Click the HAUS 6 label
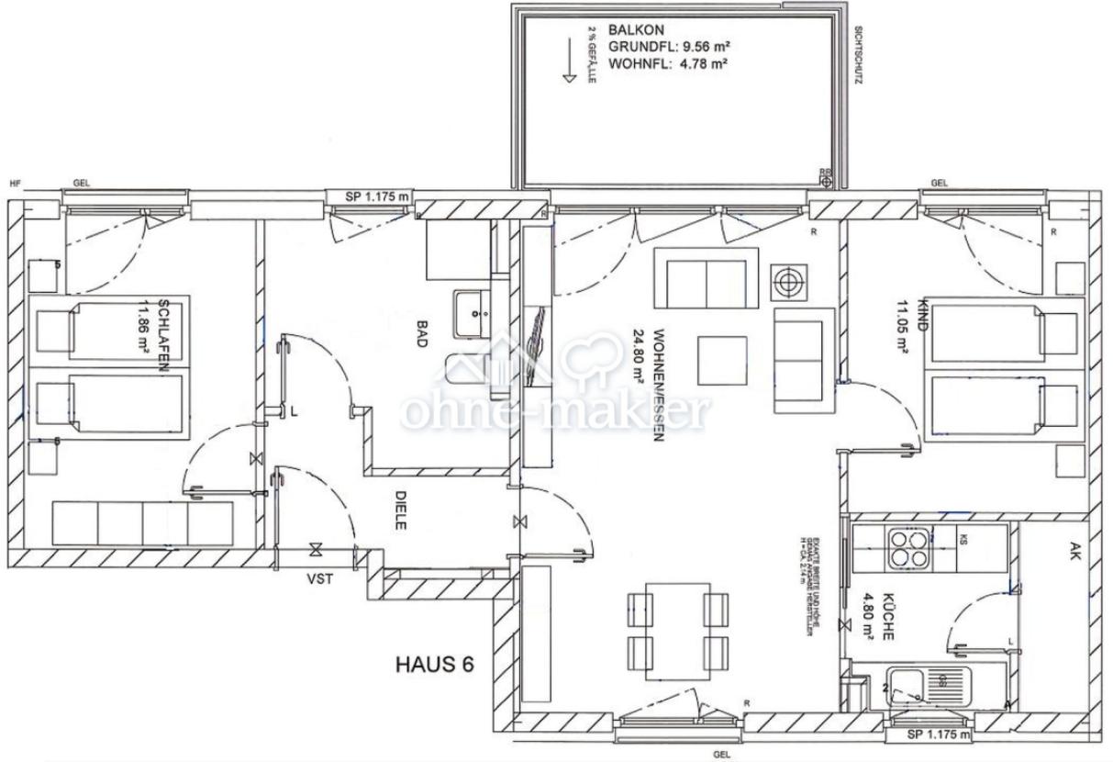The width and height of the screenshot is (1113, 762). pos(434,665)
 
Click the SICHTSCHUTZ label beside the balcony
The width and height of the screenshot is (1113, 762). pos(855,55)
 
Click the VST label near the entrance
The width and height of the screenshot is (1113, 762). pos(318,578)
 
